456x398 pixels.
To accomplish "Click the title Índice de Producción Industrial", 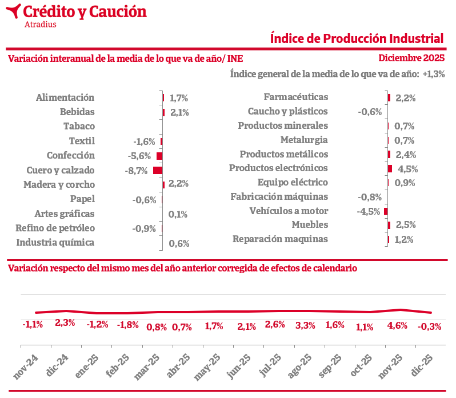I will [357, 38].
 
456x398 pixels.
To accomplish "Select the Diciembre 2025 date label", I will [411, 58].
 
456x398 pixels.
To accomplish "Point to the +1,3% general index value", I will [434, 74].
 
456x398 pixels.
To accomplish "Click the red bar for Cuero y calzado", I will [158, 170].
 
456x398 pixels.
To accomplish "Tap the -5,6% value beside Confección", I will [139, 156].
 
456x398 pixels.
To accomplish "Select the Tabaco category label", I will [79, 126].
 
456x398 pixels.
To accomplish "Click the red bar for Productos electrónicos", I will [390, 168].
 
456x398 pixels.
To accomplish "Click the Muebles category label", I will [310, 224].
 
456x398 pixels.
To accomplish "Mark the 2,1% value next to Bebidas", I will [179, 112].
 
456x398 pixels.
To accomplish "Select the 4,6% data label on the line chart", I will [397, 326].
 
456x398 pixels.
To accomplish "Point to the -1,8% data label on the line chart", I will [127, 325].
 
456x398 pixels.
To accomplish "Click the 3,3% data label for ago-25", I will [305, 326].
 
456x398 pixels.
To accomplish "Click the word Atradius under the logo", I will [41, 24].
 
